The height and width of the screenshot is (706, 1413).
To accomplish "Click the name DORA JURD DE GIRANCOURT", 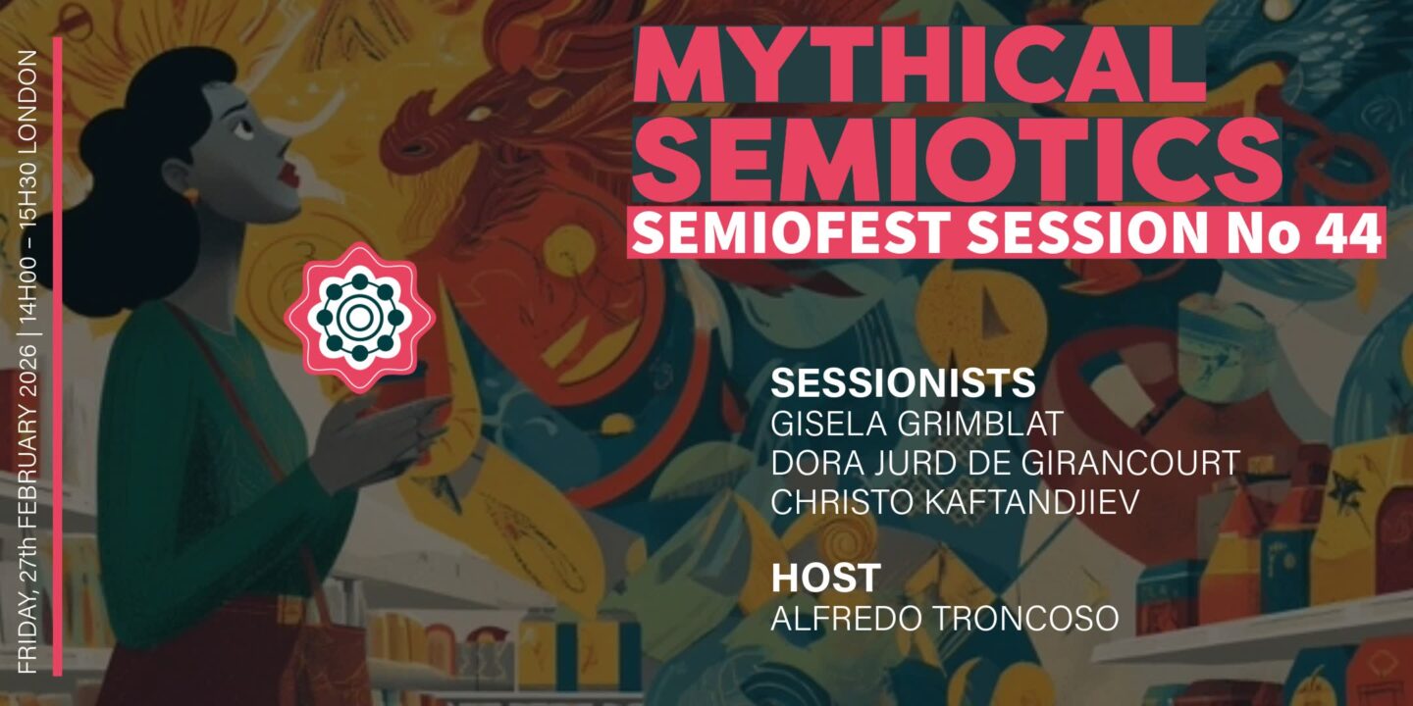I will click(1006, 463).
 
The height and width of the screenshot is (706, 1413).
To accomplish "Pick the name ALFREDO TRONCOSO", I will click(945, 619).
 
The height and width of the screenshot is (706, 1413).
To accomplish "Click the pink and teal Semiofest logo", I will click(359, 316).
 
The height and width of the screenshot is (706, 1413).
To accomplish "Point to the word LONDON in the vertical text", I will click(28, 98).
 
